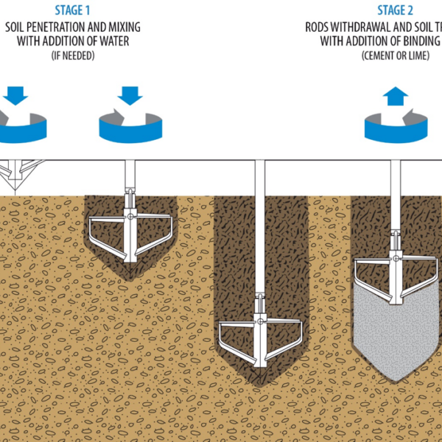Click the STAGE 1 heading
tap(73, 10)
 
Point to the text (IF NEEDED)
tap(73, 56)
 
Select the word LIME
tap(418, 56)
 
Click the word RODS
tap(319, 27)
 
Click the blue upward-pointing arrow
tap(396, 97)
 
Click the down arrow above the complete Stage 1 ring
tap(129, 95)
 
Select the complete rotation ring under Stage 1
tap(130, 127)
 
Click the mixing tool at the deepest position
tap(260, 335)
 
